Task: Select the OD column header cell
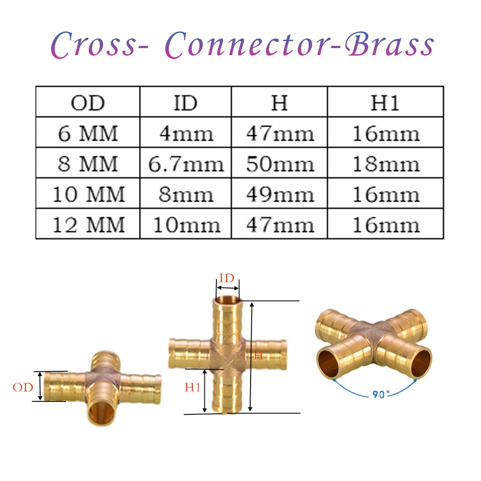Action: pos(88,102)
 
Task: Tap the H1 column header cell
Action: pos(385,102)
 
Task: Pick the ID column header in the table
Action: pos(185,102)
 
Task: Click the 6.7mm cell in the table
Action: pos(185,163)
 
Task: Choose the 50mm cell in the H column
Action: pos(280,163)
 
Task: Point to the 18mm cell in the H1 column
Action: pos(385,163)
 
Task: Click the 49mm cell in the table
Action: pos(280,193)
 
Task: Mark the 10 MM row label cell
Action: pos(88,193)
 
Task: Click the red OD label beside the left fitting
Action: pos(23,387)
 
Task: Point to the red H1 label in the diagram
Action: pos(192,387)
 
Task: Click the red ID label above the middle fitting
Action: pos(226,278)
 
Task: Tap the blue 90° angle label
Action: pos(381,394)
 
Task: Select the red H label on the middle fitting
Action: pos(259,356)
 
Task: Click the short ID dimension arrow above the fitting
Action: pos(227,288)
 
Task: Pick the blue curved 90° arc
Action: pos(374,393)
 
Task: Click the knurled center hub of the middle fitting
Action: pos(227,355)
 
